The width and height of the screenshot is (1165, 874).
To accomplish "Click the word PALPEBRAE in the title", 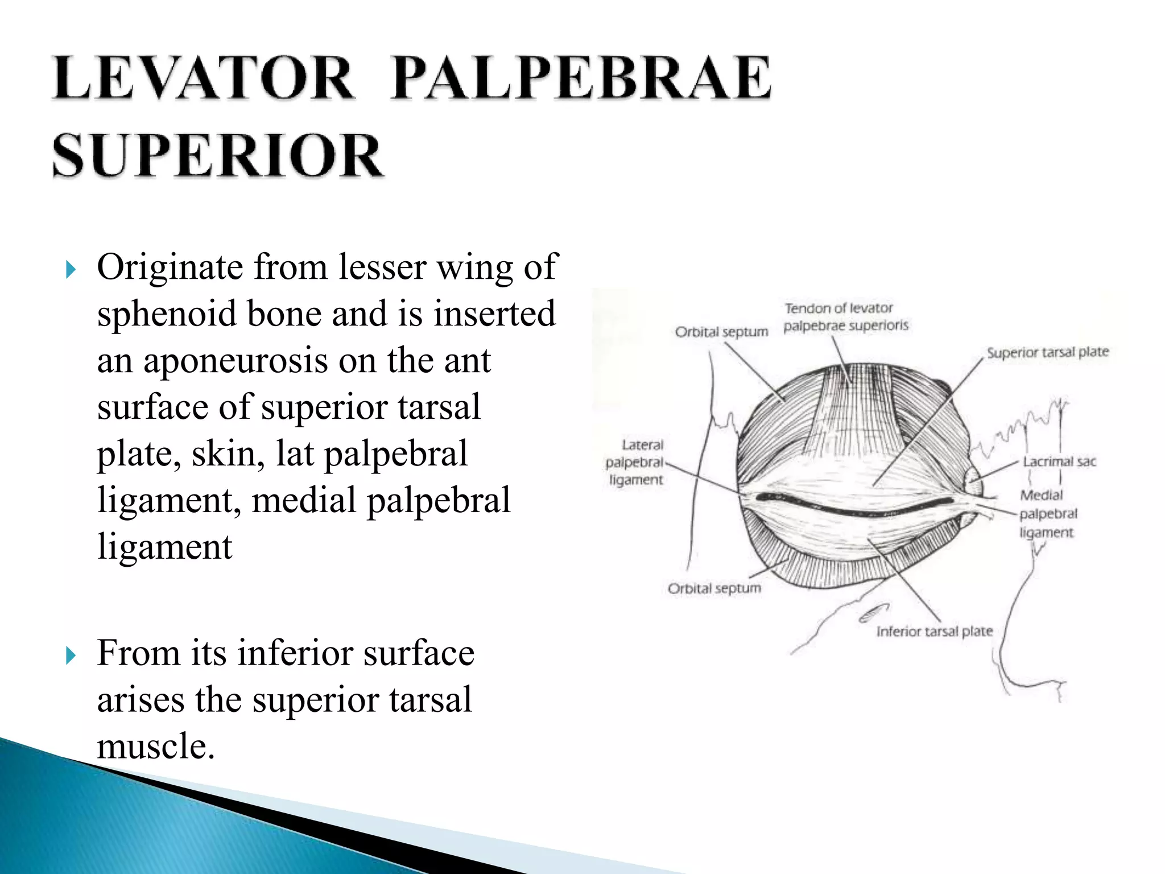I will point(581,79).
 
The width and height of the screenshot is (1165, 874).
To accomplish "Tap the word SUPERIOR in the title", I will point(218,155).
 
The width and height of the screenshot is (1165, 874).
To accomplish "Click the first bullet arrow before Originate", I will point(71,269).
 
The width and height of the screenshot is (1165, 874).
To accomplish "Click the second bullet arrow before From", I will point(71,655).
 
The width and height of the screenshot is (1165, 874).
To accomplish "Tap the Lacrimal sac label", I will point(1059,461).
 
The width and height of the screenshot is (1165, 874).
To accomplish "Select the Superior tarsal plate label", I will point(1048,352).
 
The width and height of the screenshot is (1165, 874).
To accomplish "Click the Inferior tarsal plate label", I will point(935,632).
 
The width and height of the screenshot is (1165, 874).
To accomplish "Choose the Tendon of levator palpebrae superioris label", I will point(845,317).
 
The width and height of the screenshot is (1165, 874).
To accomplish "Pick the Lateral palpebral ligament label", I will point(636,462).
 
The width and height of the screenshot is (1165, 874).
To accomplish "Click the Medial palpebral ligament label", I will point(1048,514).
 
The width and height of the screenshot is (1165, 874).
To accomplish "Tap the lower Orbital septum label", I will point(714,588).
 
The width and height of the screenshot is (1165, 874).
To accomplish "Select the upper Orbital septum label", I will point(721,332).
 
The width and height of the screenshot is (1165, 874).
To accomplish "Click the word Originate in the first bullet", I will point(170,267).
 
